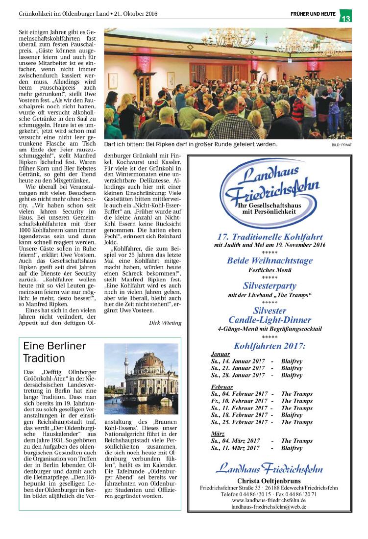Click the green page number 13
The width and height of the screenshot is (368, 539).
346,19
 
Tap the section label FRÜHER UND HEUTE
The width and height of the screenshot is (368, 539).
313,14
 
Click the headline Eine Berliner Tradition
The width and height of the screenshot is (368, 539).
54,352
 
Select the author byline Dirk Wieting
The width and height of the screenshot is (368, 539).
165,322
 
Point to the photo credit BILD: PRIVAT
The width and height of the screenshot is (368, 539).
342,145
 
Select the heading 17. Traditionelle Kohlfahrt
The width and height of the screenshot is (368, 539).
270,236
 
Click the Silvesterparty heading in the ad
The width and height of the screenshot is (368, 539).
270,285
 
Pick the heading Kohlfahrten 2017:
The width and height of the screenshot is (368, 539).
270,346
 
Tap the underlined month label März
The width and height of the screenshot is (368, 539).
218,434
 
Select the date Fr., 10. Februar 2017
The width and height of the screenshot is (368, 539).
239,401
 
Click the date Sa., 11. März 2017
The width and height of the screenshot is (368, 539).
235,448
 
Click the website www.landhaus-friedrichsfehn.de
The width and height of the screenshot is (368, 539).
270,500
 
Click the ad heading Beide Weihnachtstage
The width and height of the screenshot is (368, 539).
270,261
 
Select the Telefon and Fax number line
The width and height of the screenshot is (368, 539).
270,493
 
